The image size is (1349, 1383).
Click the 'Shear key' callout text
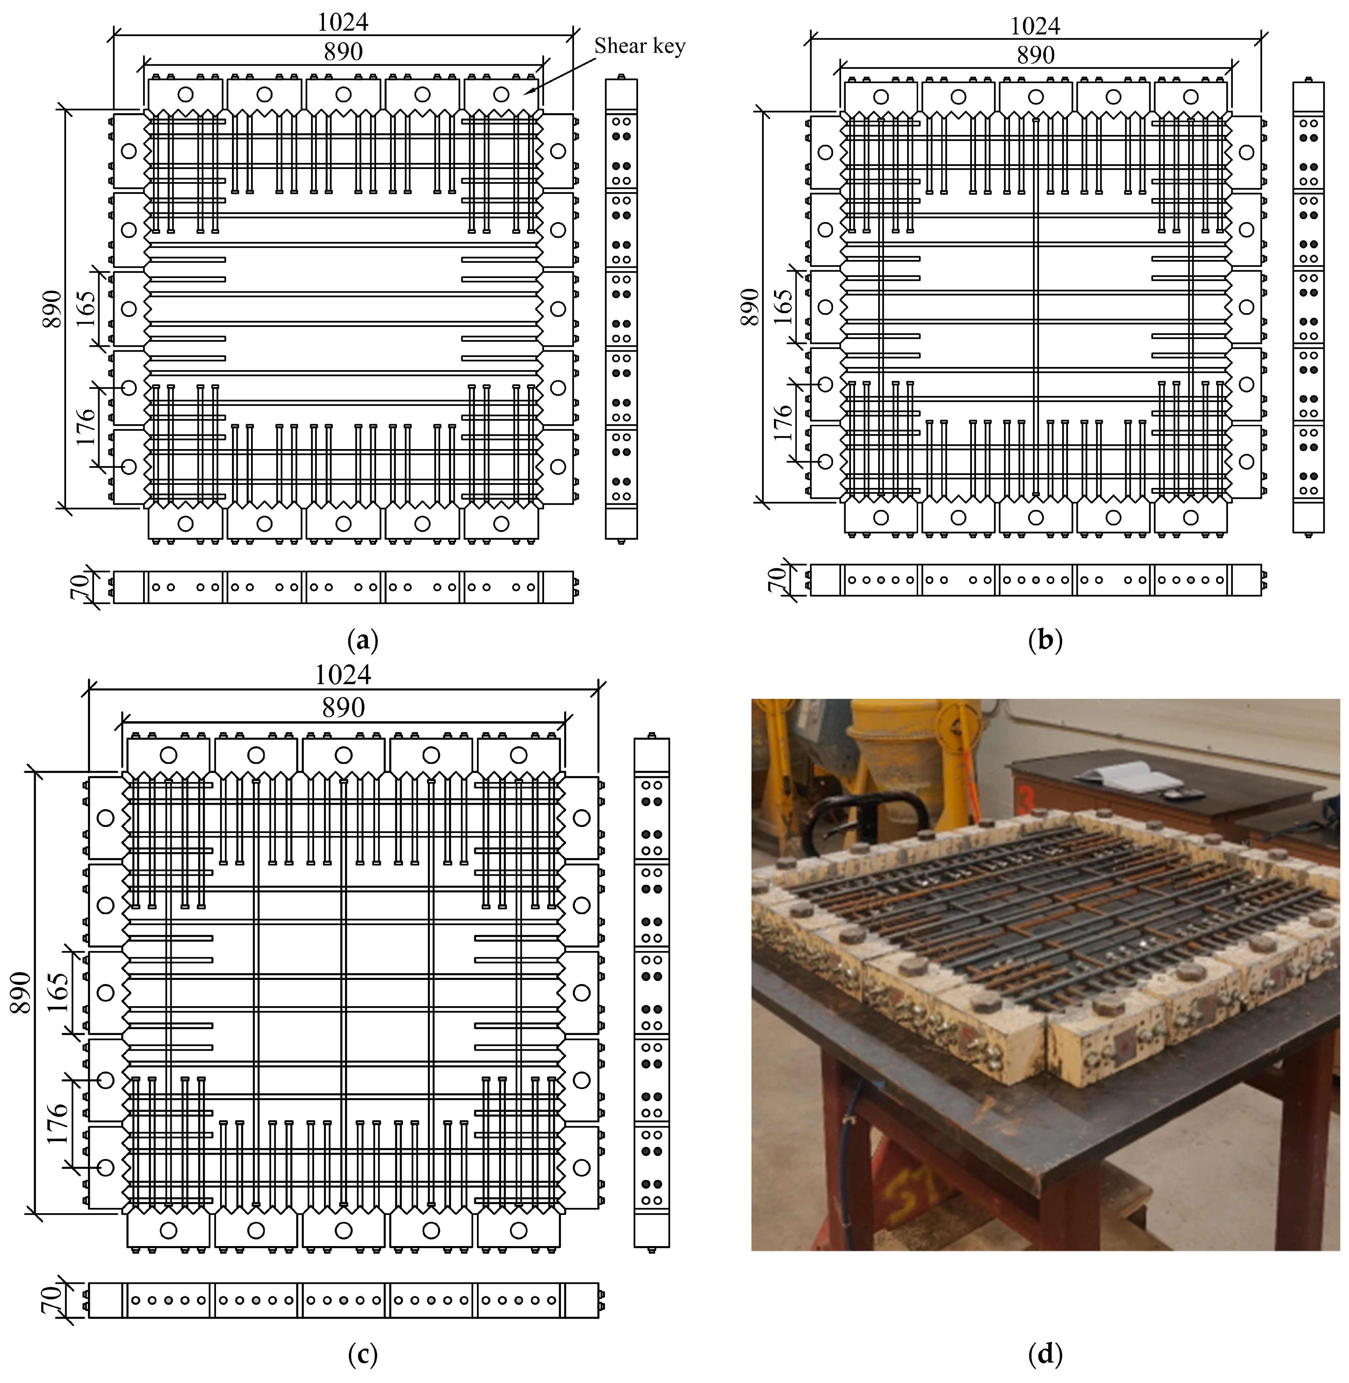point(639,47)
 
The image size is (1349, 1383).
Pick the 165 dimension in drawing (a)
point(87,307)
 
